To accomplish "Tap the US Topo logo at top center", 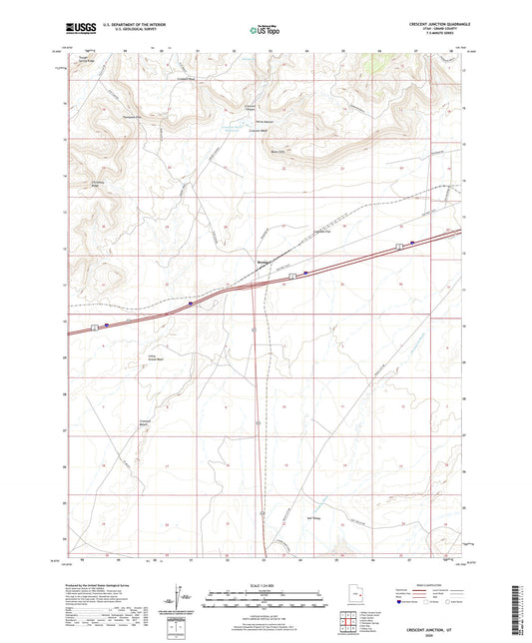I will point(265,31).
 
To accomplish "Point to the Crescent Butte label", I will point(145,423).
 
